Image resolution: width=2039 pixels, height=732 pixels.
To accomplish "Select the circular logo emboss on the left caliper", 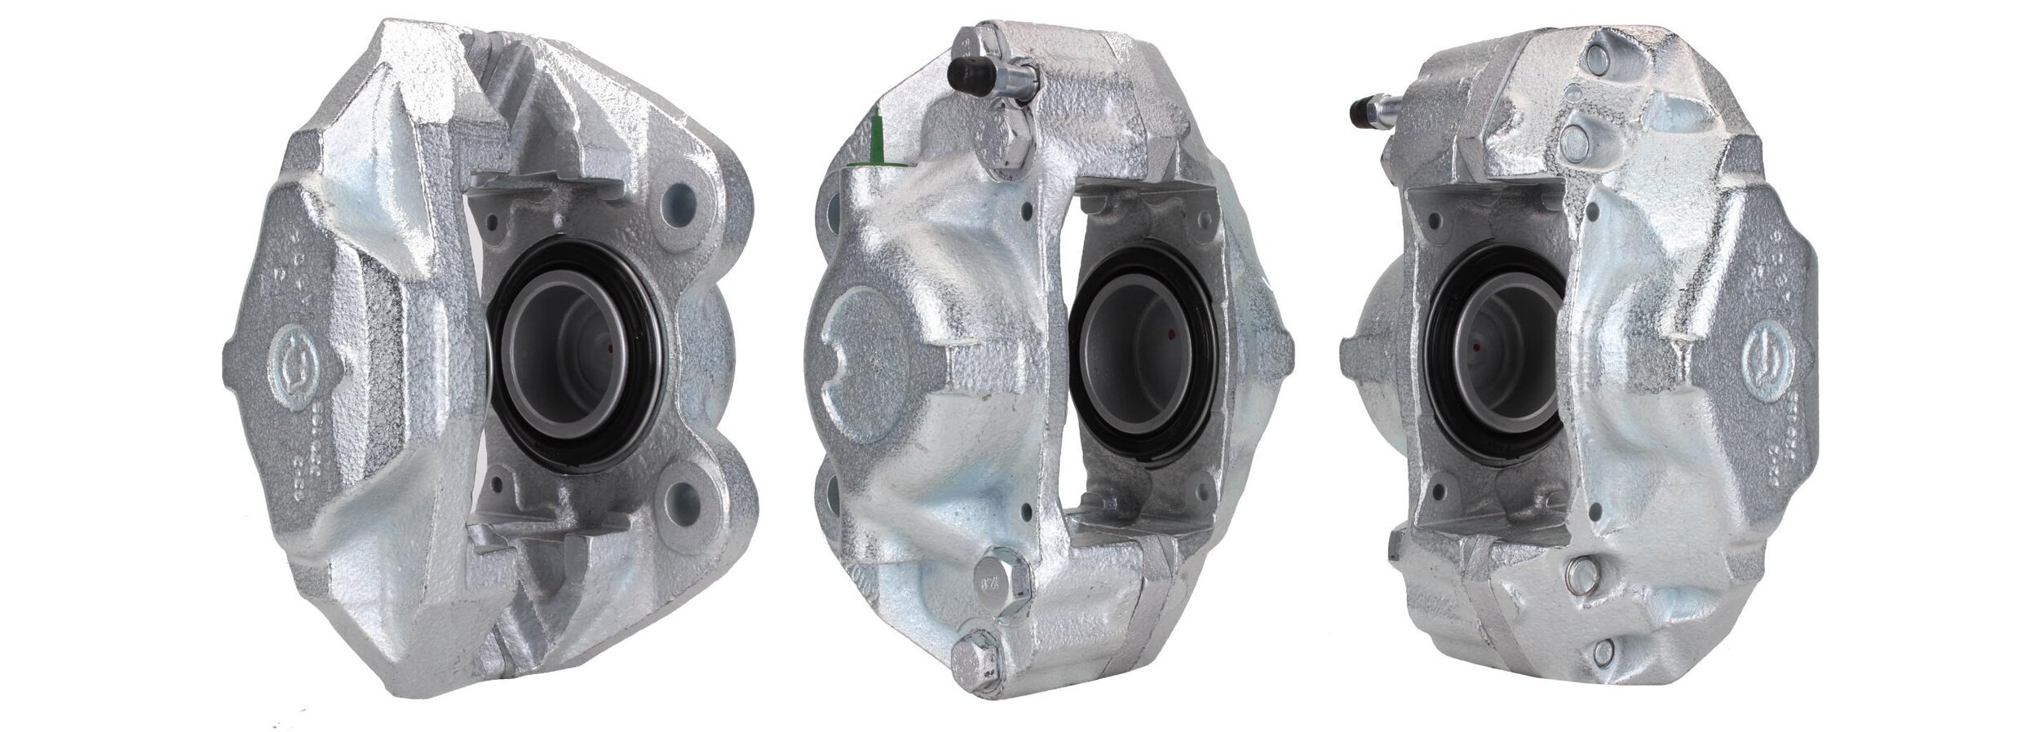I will [287, 366].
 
